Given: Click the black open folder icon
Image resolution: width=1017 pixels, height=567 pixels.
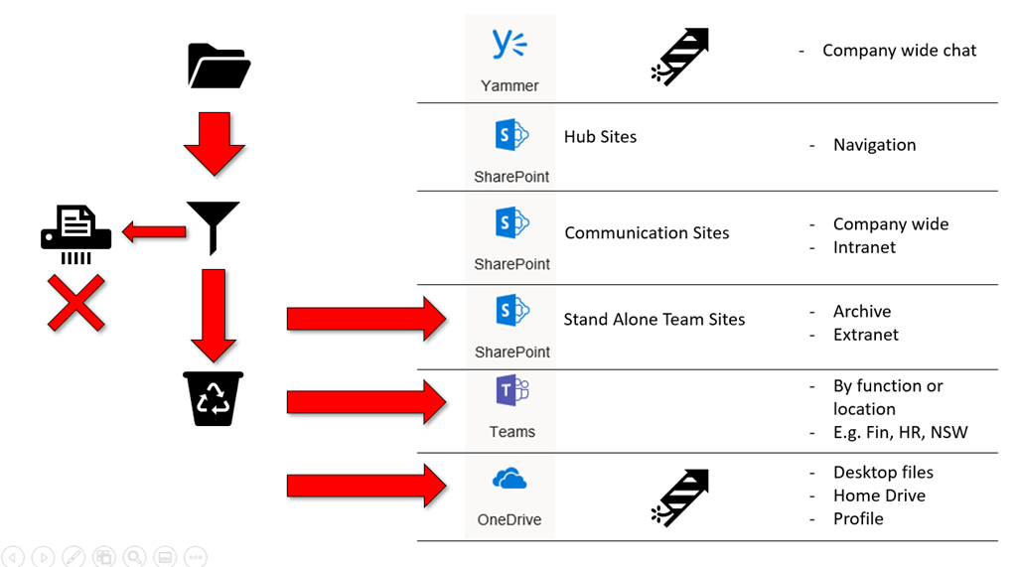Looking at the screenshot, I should click(x=218, y=66).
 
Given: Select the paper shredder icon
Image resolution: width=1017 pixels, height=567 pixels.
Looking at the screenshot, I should click(x=76, y=234).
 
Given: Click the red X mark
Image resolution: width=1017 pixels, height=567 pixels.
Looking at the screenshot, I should click(x=76, y=303).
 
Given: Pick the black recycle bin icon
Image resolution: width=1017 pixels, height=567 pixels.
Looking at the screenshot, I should click(x=214, y=398).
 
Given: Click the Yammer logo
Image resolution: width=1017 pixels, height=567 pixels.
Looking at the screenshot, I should click(x=509, y=46).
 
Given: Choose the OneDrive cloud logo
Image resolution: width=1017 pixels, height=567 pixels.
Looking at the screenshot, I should click(x=509, y=480).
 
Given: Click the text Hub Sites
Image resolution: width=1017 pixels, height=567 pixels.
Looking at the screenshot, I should click(x=600, y=137).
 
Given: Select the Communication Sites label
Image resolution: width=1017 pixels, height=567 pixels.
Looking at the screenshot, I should click(x=647, y=233).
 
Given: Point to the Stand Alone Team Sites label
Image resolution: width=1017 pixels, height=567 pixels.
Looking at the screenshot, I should click(x=654, y=320).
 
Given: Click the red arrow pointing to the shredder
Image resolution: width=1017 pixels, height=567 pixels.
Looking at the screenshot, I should click(x=154, y=232).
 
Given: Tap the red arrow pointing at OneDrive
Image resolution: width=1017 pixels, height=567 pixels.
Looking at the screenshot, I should click(x=366, y=486).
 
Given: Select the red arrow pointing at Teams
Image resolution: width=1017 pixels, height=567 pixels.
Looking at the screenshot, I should click(x=366, y=402).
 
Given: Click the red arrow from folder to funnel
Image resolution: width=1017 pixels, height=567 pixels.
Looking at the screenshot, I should click(x=214, y=143).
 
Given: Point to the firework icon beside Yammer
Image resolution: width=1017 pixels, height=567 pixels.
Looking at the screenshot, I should click(x=680, y=56).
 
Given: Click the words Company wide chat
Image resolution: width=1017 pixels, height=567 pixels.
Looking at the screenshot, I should click(x=899, y=51).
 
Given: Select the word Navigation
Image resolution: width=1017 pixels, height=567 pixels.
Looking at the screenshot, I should click(x=874, y=145).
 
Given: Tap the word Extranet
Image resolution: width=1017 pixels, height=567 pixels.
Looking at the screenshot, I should click(x=865, y=335).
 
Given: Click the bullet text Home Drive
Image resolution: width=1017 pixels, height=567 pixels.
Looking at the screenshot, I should click(x=879, y=496).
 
